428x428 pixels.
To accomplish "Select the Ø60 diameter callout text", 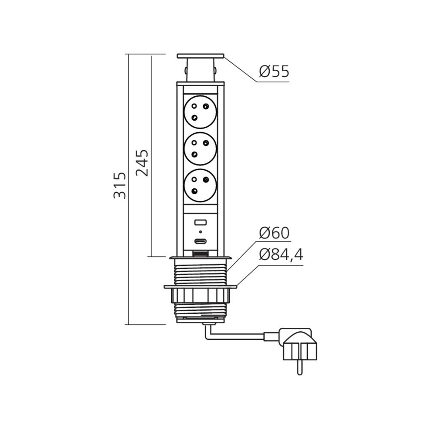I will tap(274, 233).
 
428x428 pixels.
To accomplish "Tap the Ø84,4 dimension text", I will tap(281, 256).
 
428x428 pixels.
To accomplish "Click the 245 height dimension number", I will tap(142, 163).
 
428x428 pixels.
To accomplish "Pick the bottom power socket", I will tap(200, 184).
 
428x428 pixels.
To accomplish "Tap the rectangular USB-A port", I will tap(200, 222).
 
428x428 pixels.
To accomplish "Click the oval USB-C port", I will tap(200, 241).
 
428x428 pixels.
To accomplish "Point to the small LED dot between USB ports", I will tap(200, 232).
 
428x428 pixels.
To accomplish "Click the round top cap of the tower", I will tap(200, 56).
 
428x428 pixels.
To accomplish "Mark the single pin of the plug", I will tap(299, 367).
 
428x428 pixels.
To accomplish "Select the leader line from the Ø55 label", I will tap(242, 68).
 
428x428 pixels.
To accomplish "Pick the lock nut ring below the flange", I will tap(200, 295).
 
